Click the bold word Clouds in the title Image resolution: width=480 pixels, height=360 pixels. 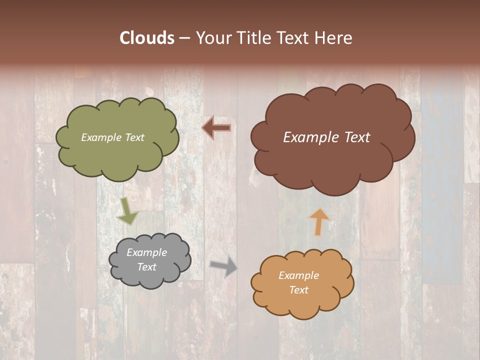[147, 38]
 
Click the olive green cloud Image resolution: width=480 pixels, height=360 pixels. [117, 155]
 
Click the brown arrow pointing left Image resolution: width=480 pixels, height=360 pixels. [216, 128]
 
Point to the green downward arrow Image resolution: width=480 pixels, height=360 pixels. [127, 211]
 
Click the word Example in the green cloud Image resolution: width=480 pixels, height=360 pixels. [101, 137]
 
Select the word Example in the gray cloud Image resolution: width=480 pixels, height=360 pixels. [146, 252]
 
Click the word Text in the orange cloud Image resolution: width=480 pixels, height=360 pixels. [298, 290]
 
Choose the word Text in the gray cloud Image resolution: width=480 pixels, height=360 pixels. [146, 267]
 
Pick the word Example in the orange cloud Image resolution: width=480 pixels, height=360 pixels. [298, 275]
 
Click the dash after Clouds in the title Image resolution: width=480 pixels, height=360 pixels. [184, 38]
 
